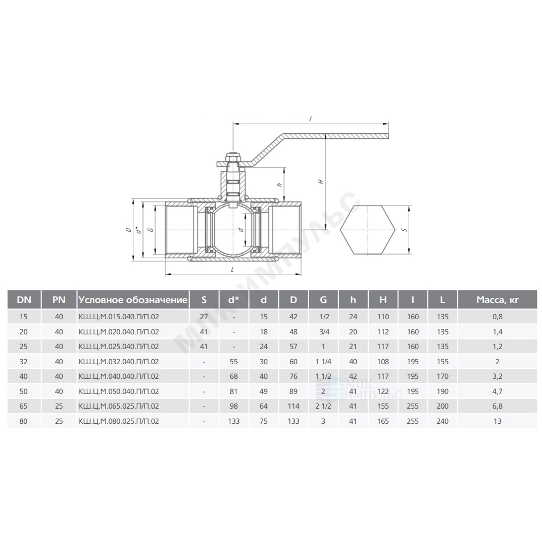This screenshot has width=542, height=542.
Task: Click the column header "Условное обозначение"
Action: tap(133, 300)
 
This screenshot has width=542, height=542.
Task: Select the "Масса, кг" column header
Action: tap(498, 300)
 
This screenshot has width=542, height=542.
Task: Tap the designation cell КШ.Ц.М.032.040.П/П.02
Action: tap(119, 362)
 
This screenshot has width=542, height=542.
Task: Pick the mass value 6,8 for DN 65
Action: tap(498, 406)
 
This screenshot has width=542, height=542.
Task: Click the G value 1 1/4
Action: tap(323, 362)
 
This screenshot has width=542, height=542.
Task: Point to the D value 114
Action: tap(293, 406)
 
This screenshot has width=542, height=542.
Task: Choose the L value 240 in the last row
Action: tap(442, 421)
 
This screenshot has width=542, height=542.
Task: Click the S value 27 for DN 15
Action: tap(204, 317)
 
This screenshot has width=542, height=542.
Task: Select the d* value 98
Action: tap(234, 406)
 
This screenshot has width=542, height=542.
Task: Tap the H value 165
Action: tap(383, 421)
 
